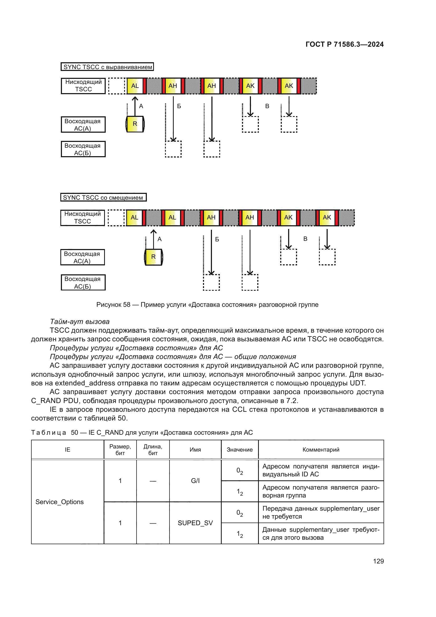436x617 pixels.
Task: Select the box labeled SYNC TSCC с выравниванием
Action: click(107, 67)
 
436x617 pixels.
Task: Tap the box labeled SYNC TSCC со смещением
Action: click(103, 197)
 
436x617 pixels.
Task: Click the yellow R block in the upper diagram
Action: click(135, 124)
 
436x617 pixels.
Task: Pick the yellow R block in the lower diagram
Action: click(153, 257)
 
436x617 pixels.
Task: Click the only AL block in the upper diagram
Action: click(135, 86)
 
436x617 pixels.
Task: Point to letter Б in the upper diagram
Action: click(179, 106)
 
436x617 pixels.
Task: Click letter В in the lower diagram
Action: click(305, 239)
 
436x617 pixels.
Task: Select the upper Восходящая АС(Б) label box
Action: click(83, 149)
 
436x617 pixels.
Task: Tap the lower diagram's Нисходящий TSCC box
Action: click(83, 218)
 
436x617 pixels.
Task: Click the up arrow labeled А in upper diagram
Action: click(135, 106)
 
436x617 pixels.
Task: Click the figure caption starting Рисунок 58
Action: click(207, 304)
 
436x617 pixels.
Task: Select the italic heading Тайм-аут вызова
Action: click(80, 321)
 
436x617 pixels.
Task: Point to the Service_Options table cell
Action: click(60, 502)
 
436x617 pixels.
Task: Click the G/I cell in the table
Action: click(195, 481)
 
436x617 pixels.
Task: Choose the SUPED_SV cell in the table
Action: click(195, 523)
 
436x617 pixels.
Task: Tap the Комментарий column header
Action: click(321, 449)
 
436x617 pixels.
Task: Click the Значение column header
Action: click(239, 449)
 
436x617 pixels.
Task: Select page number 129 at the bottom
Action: click(378, 561)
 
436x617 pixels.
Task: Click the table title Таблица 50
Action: click(142, 432)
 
